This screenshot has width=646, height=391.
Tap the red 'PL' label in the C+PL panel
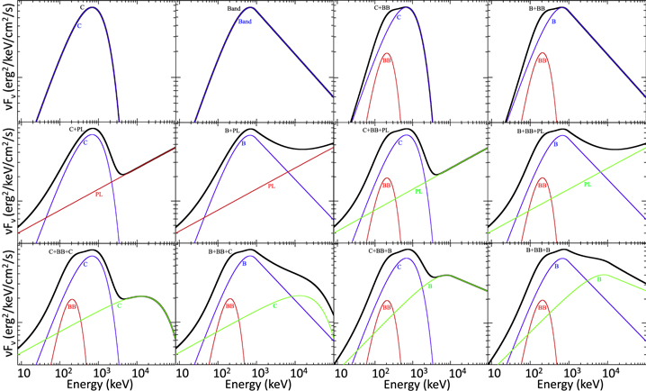(99, 194)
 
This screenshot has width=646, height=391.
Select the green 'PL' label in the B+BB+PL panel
(588, 185)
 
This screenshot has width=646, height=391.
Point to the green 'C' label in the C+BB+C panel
(119, 305)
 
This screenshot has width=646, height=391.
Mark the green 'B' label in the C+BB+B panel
(430, 286)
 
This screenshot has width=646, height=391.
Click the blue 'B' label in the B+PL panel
(243, 144)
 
